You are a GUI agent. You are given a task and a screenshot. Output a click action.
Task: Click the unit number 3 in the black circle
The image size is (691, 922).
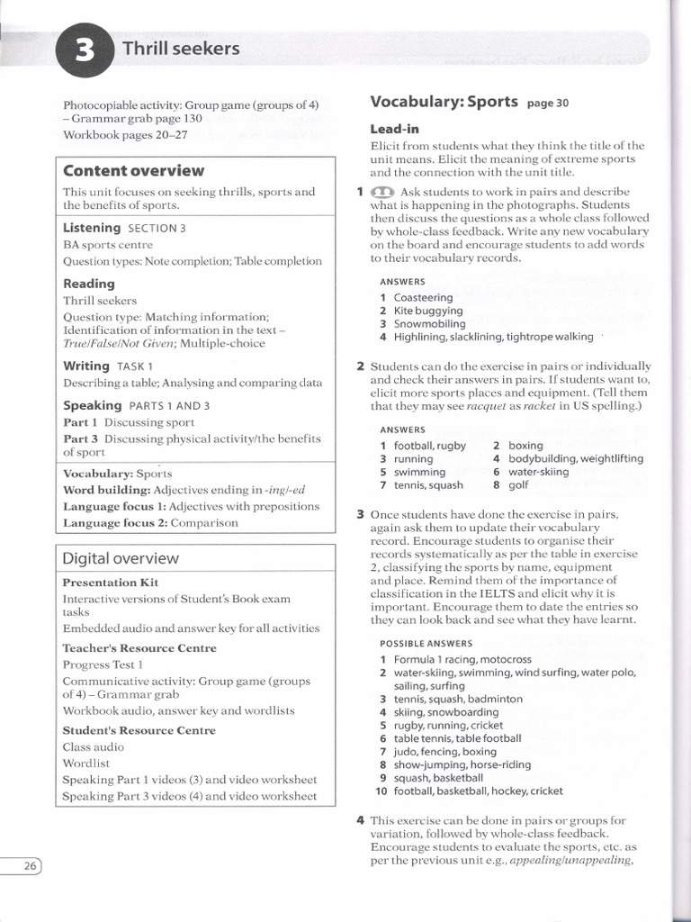coord(84,50)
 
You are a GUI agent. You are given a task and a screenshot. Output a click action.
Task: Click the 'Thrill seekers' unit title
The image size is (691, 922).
coord(181,49)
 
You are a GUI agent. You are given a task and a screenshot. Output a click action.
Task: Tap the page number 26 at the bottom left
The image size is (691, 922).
coord(28,866)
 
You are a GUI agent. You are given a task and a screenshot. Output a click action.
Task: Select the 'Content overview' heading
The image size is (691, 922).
coord(133,170)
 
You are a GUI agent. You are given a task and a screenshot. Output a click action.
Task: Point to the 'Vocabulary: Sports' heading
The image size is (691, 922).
coord(444,101)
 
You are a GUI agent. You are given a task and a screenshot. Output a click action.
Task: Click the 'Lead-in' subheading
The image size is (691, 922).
coord(394,129)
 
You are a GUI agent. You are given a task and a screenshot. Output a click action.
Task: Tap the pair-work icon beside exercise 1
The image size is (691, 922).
coord(382,192)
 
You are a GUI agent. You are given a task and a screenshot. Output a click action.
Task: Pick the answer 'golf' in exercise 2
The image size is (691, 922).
coord(518,484)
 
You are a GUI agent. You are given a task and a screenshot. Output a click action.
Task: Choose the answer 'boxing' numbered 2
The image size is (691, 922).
coord(525,445)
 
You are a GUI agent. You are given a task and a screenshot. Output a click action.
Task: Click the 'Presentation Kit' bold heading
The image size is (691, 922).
coord(110,583)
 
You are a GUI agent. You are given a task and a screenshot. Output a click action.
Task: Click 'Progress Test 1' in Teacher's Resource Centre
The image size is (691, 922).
coord(103,664)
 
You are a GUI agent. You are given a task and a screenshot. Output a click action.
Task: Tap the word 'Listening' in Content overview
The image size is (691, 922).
coord(92,228)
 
